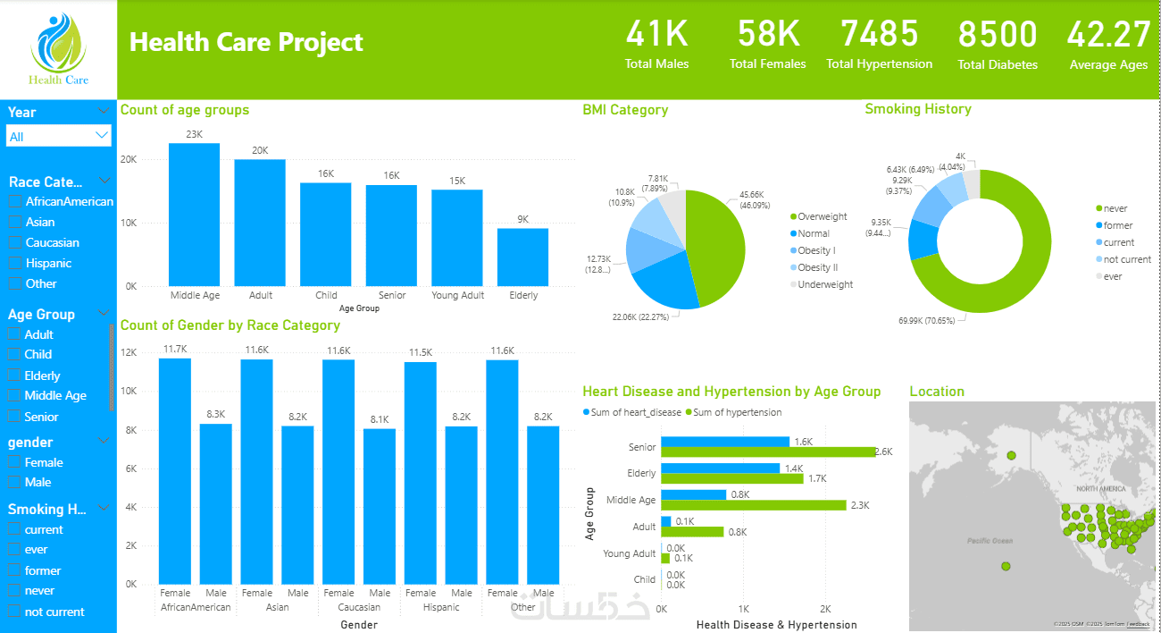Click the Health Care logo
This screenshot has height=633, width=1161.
(59, 49)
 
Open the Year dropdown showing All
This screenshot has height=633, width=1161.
(59, 136)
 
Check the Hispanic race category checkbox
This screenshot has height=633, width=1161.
(15, 263)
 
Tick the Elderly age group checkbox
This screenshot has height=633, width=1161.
(14, 376)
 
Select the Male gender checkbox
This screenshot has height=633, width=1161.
(14, 482)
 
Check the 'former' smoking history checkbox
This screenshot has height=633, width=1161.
(14, 570)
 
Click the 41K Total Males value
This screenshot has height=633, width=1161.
(657, 35)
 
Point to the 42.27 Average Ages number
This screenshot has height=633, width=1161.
(1108, 35)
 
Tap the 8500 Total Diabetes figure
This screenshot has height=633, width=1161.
(998, 35)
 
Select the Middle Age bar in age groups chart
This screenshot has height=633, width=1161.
(194, 215)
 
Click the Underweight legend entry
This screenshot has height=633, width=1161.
(824, 284)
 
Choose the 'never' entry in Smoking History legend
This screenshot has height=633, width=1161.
(1115, 208)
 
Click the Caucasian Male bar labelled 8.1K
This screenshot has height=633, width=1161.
(380, 505)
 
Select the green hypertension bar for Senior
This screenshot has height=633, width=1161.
(768, 452)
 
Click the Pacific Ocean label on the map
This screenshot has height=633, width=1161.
(990, 541)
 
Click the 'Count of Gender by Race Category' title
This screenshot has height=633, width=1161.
(230, 325)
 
